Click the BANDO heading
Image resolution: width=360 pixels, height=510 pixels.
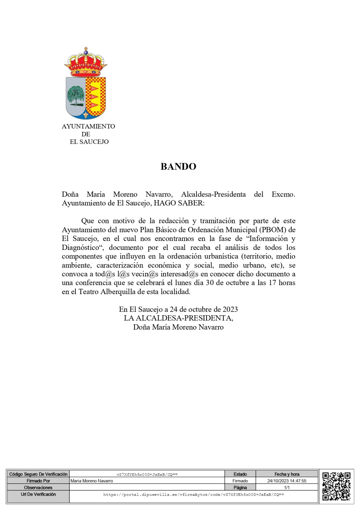click(178, 166)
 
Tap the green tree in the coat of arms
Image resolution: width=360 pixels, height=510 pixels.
click(76, 95)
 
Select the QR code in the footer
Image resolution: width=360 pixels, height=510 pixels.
click(336, 486)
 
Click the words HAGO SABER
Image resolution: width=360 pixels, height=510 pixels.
click(179, 203)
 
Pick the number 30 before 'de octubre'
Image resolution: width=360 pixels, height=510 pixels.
click(210, 283)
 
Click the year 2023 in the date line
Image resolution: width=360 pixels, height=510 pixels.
click(230, 309)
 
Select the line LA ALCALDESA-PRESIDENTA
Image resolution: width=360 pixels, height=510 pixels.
click(178, 318)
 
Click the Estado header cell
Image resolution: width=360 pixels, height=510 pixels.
click(240, 474)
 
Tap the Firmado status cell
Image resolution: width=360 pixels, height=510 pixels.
click(240, 481)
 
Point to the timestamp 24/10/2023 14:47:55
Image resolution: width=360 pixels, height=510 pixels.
click(287, 481)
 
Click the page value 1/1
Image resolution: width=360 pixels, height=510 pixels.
click(287, 487)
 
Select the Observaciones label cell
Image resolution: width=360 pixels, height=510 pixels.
click(38, 487)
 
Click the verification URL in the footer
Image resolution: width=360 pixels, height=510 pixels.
click(193, 495)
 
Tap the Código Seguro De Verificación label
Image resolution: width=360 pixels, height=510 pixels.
click(38, 474)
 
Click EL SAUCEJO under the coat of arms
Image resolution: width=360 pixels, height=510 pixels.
click(89, 142)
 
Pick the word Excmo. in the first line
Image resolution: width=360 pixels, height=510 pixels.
click(283, 194)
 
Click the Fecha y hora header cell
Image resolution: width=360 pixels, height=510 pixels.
click(287, 474)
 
